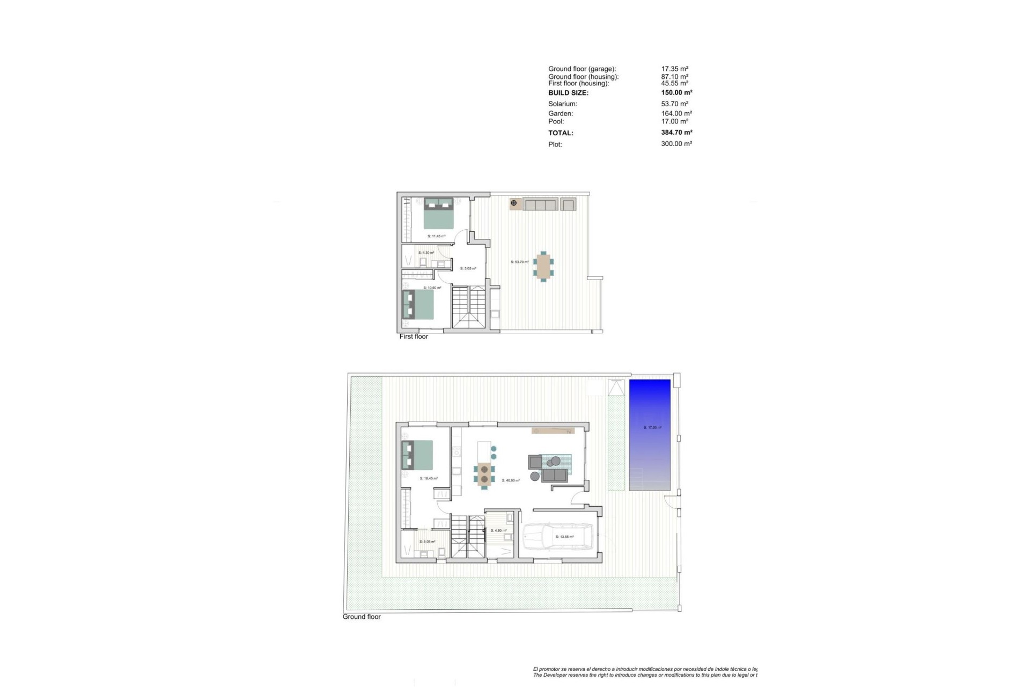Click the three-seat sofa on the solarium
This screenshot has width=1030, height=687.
click(x=540, y=204)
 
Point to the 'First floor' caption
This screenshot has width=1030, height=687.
click(x=414, y=337)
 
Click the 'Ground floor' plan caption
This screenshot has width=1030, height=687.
click(x=362, y=617)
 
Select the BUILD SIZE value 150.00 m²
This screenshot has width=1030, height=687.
click(x=676, y=93)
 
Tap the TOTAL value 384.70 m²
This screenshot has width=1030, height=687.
click(x=676, y=133)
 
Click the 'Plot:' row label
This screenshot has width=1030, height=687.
click(x=555, y=144)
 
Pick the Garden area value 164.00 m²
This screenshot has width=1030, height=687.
click(x=676, y=114)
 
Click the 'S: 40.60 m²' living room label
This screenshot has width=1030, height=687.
click(x=511, y=480)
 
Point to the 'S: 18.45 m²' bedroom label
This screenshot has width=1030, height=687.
click(x=429, y=478)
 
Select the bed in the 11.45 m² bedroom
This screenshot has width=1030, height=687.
click(x=439, y=213)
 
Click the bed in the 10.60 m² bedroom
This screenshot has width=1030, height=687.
click(x=418, y=304)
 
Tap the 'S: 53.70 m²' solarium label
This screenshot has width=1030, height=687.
click(x=519, y=262)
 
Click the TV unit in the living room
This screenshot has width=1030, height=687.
click(x=553, y=430)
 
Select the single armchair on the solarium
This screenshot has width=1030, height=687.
click(x=568, y=204)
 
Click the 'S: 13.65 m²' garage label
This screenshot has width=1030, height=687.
click(x=565, y=537)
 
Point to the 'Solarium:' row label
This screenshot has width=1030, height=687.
click(x=563, y=104)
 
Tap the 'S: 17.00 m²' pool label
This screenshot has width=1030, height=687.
click(x=652, y=428)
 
